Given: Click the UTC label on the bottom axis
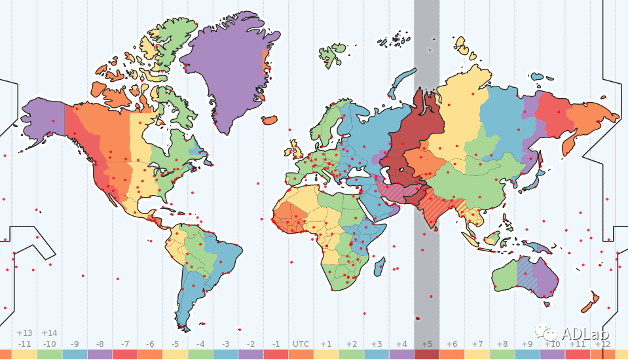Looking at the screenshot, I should click(x=301, y=344).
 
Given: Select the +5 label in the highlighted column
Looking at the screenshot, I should click(x=426, y=344).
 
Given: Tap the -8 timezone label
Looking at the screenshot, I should click(x=100, y=344).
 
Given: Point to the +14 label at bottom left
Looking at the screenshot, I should click(x=49, y=333).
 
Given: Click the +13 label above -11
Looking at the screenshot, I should click(x=24, y=333).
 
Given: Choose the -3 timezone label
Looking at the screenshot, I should click(x=225, y=344).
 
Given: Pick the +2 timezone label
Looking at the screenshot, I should click(x=351, y=344).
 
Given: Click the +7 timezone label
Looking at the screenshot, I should click(x=477, y=344).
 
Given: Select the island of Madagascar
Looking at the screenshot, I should click(x=379, y=266).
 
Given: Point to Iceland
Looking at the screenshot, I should click(x=269, y=120).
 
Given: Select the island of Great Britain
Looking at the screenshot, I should click(x=296, y=148).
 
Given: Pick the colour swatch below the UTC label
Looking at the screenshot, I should click(x=301, y=354).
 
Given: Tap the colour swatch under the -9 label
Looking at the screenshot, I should click(x=75, y=354).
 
